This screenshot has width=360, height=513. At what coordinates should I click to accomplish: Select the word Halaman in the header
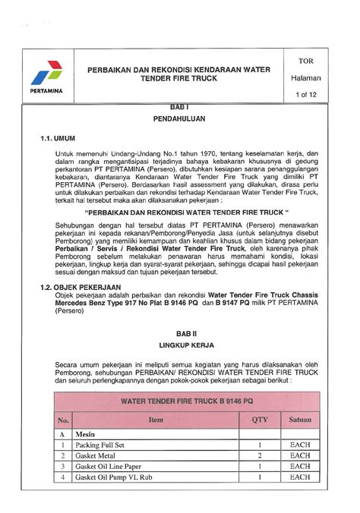click(x=308, y=77)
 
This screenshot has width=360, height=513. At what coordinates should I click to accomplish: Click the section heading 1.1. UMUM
click(x=59, y=139)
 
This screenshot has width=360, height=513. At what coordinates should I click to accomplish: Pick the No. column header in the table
click(x=63, y=419)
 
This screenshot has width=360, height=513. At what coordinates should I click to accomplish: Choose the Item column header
click(x=156, y=419)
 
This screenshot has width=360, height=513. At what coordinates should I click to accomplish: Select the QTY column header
click(x=260, y=419)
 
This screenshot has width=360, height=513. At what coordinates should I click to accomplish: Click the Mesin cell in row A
click(x=84, y=434)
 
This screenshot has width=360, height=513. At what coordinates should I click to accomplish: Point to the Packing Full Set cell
click(x=99, y=445)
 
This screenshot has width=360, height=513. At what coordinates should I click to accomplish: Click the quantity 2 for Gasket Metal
click(x=260, y=455)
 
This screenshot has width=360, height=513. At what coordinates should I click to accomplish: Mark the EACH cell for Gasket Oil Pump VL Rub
click(x=300, y=477)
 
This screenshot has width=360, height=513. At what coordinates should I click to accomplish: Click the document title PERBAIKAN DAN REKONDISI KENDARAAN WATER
click(x=178, y=70)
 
